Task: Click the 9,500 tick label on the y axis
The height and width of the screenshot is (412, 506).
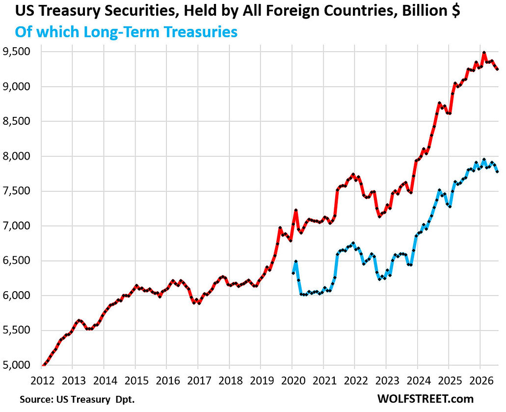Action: coord(16,52)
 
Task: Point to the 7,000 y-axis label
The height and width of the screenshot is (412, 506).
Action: coord(16,226)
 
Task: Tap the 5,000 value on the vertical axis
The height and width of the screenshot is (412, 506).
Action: coord(16,365)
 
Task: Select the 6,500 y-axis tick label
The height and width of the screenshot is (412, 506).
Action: coord(16,261)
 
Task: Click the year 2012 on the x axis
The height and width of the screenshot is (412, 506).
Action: coord(42,381)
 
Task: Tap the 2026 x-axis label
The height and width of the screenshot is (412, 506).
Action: coord(481,381)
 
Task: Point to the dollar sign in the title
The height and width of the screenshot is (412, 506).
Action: coord(455,11)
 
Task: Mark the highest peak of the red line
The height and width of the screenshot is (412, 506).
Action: coord(484,53)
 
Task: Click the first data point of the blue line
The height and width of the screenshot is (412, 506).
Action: coord(293,273)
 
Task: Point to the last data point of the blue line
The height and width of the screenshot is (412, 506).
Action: coord(497,171)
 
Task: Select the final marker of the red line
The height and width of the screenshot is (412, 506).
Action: coord(497,69)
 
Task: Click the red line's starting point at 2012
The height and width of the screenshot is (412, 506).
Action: coord(43,365)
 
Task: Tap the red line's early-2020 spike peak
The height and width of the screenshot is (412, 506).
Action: coord(295,211)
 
